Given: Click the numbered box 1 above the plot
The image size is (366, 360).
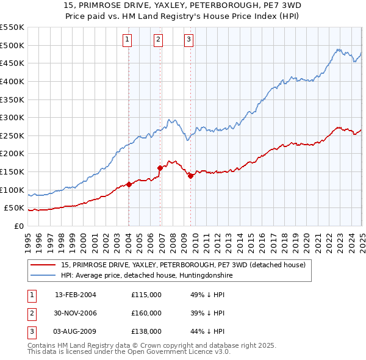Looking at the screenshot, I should click(x=127, y=40).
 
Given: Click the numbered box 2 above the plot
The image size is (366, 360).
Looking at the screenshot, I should click(x=158, y=40).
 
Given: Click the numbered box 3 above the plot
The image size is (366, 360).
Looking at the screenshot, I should click(x=188, y=40).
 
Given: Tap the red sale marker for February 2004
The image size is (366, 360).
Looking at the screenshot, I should click(x=129, y=184).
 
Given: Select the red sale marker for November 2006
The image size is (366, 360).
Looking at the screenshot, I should click(x=160, y=168).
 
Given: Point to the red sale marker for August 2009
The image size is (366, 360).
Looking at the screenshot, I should click(x=190, y=176).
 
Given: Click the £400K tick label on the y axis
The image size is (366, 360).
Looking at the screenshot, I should click(x=12, y=81).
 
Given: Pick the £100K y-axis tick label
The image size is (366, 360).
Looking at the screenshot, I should click(x=12, y=190).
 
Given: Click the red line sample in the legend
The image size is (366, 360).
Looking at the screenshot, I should click(x=44, y=265).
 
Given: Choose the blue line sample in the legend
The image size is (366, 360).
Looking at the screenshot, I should click(x=44, y=275).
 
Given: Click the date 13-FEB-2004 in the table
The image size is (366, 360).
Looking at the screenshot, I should click(x=76, y=295).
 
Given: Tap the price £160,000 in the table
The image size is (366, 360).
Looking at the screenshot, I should click(x=146, y=313).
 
